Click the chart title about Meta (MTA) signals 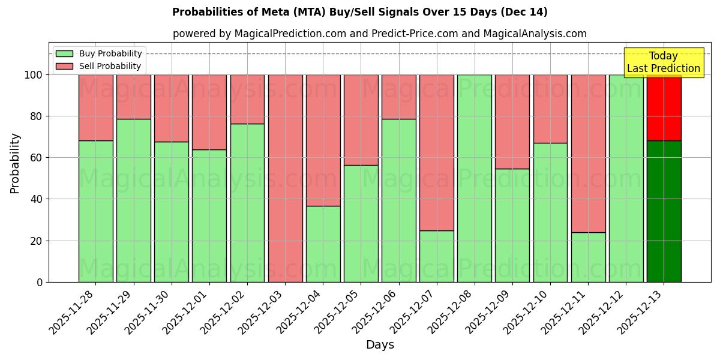click(359, 12)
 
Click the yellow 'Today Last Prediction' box click(664, 63)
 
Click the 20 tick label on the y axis click(37, 241)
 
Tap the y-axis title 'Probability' click(15, 163)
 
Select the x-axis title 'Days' click(380, 345)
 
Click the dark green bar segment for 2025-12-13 click(664, 211)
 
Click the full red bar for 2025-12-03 click(285, 178)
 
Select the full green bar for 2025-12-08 click(475, 178)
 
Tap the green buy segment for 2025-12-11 click(588, 257)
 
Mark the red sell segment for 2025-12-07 click(437, 152)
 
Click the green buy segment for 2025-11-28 click(96, 211)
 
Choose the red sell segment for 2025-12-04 click(323, 140)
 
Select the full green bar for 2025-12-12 click(626, 178)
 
